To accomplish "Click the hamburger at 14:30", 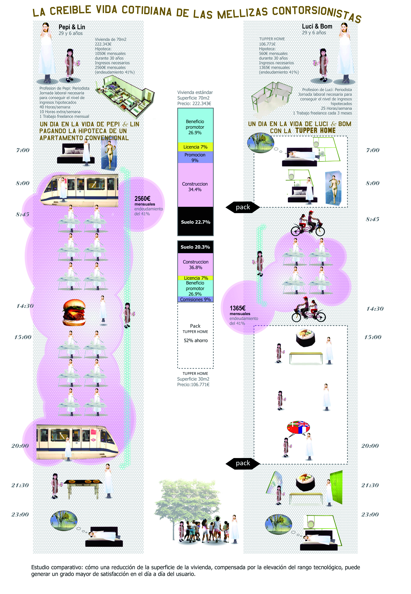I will pyautogui.click(x=74, y=312).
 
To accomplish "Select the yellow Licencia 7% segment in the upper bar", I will pyautogui.click(x=195, y=147).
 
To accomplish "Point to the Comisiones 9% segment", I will pyautogui.click(x=195, y=299).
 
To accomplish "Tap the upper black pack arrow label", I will pyautogui.click(x=243, y=207).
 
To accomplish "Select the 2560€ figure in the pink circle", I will pyautogui.click(x=142, y=198).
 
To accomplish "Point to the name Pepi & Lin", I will pyautogui.click(x=72, y=27).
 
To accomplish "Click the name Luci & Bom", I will pyautogui.click(x=317, y=26).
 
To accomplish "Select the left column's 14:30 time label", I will pyautogui.click(x=25, y=306).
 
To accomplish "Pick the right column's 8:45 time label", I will pyautogui.click(x=372, y=219).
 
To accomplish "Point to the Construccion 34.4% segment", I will pyautogui.click(x=195, y=187).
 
